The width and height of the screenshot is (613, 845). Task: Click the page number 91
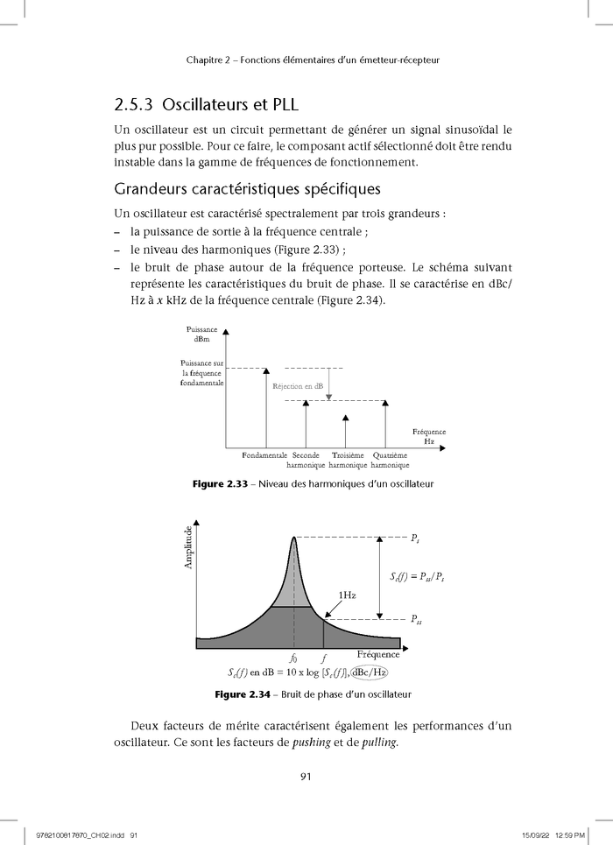pos(306,776)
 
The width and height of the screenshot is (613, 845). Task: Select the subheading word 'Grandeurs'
pos(155,189)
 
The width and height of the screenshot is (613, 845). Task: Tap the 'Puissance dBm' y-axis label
pos(202,334)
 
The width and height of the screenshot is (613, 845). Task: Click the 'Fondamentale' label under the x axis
pos(264,455)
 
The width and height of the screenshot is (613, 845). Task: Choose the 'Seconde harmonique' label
pos(306,460)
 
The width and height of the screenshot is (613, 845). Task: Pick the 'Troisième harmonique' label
pos(348,460)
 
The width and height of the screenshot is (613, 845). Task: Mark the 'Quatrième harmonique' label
pos(390,460)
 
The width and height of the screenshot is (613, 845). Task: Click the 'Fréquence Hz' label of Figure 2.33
pos(428,437)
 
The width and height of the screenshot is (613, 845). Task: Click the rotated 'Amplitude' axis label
pos(187,547)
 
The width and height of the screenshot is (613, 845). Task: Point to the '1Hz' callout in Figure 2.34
pos(347,595)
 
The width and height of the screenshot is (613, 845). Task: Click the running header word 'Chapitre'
pos(208,60)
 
